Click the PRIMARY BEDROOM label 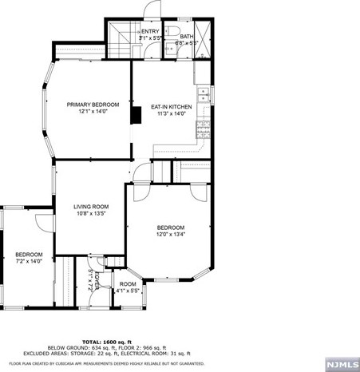click(93, 105)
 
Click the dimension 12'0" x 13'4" click(170, 235)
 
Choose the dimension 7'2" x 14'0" click(29, 261)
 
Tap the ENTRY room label click(150, 31)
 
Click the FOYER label click(96, 279)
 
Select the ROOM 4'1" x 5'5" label click(128, 287)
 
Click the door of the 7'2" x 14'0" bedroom click(42, 224)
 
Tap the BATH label click(186, 36)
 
